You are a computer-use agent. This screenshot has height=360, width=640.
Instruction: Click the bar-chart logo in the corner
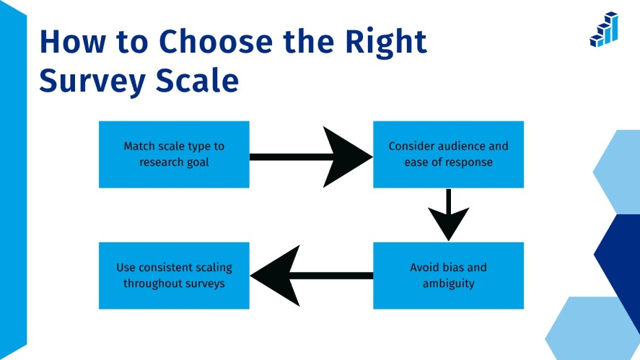click(x=603, y=30)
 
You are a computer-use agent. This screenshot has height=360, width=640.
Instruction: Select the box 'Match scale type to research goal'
click(x=174, y=154)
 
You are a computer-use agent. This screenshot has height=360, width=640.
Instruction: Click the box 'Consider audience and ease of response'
click(x=448, y=154)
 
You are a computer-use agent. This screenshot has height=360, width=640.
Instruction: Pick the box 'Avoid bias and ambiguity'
click(x=448, y=276)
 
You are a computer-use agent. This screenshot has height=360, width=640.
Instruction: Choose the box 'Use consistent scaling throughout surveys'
click(x=174, y=276)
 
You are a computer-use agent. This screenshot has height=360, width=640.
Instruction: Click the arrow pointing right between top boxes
click(x=310, y=156)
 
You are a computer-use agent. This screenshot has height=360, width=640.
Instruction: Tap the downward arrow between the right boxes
click(x=448, y=215)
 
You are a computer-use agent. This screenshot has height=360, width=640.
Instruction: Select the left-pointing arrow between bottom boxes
click(x=310, y=276)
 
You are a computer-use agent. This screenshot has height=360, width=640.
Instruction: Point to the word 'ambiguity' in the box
click(x=449, y=284)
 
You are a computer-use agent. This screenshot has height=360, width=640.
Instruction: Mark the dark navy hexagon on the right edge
click(x=619, y=256)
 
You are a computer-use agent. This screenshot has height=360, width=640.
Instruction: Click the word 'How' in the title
click(x=69, y=43)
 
